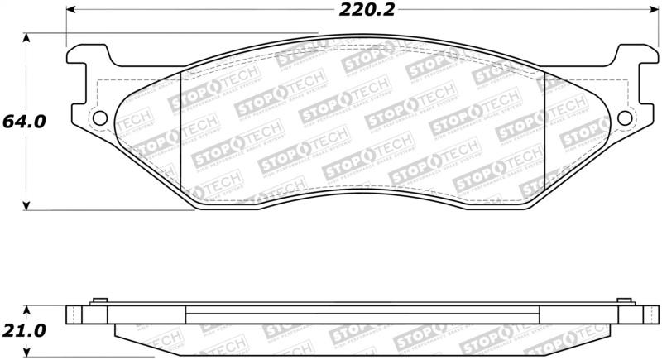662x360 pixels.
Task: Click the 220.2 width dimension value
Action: [362, 11]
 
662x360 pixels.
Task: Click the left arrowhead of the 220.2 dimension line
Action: [70, 11]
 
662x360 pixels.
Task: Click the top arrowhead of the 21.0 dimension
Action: [28, 305]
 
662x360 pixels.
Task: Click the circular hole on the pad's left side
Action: [99, 118]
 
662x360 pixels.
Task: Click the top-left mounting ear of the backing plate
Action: [86, 55]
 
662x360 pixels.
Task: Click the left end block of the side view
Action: [74, 315]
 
